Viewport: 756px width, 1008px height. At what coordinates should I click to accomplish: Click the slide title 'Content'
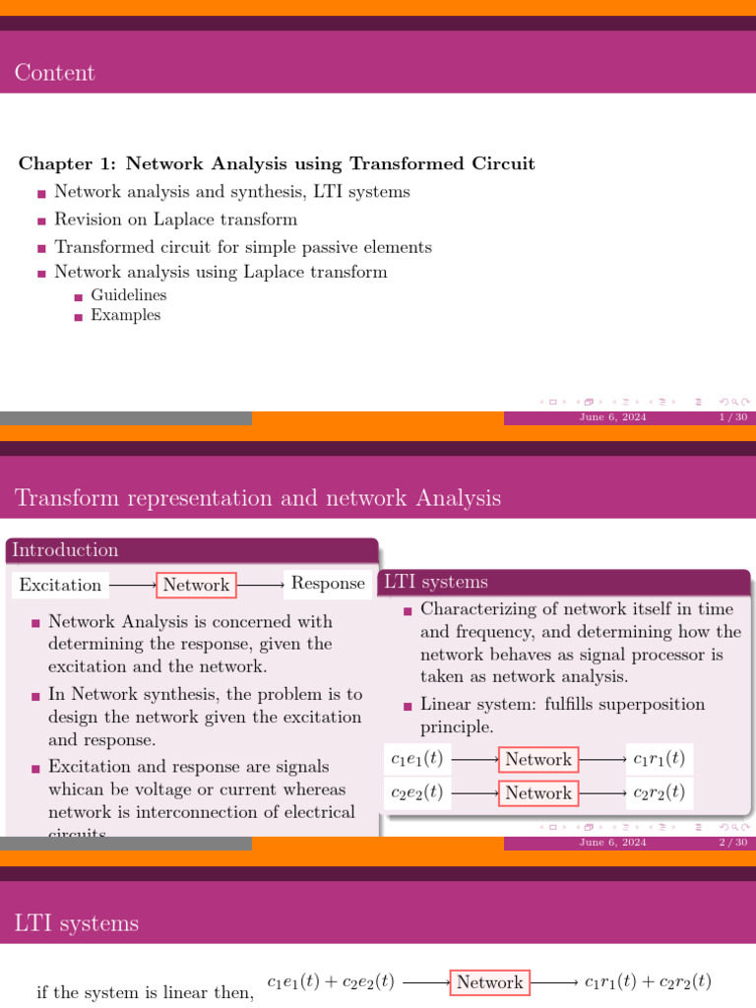pos(55,73)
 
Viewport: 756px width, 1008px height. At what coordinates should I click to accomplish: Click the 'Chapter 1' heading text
pos(277,163)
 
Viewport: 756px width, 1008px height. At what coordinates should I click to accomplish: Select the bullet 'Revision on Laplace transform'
pos(175,220)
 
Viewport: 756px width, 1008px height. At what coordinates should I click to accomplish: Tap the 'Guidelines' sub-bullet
pos(129,295)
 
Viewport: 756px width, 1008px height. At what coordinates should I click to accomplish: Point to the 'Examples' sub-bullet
pos(125,316)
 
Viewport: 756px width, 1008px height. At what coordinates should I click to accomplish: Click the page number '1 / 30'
pos(733,417)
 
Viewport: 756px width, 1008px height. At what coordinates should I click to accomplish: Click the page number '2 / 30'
pos(733,843)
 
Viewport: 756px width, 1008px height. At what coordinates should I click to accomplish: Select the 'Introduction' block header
pos(65,550)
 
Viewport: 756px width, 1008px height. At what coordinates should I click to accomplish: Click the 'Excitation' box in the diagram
pos(60,585)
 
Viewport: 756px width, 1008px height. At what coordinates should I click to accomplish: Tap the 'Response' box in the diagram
pos(328,584)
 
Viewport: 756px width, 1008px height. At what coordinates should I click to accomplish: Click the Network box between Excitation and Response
pos(196,585)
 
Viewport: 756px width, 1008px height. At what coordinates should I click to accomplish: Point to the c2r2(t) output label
pos(659,792)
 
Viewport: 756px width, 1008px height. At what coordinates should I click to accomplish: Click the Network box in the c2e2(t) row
pos(538,792)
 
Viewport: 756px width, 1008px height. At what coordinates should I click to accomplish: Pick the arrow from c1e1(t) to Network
pos(474,759)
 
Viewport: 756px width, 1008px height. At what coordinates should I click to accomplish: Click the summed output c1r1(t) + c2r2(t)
pos(648,981)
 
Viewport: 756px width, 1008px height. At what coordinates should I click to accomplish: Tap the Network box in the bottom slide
pos(490,982)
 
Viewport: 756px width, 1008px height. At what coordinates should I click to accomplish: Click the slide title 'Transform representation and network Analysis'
pos(258,498)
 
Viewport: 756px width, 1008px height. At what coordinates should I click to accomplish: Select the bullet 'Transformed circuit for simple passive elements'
pos(243,247)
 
